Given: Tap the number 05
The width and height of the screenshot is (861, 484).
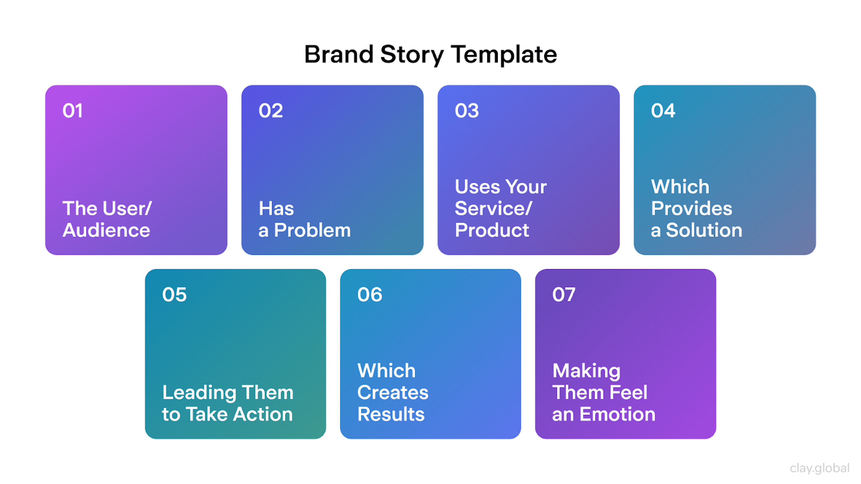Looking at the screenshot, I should click(174, 295).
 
